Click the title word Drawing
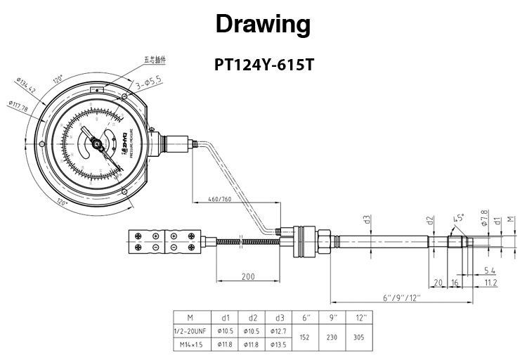263,24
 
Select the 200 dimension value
248,276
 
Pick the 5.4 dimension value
490,270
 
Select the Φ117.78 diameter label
18,108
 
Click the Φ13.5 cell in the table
280,344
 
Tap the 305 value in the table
359,337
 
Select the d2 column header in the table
252,317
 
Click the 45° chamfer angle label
459,219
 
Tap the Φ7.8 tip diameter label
483,217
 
